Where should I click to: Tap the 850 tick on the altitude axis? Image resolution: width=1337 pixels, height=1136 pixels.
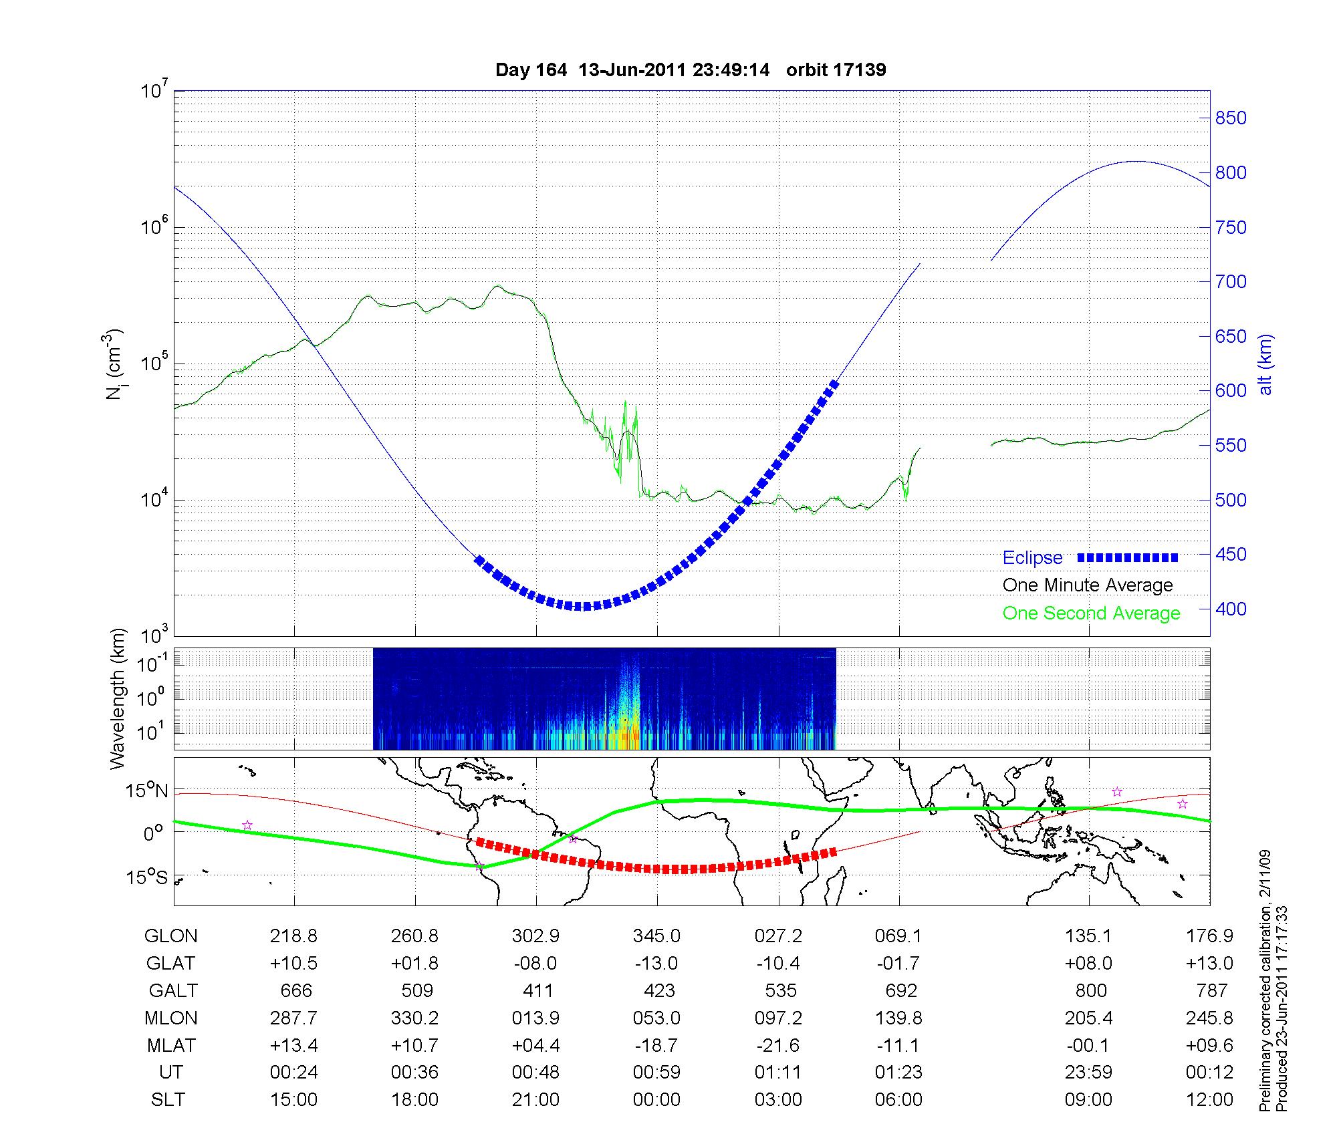(1231, 118)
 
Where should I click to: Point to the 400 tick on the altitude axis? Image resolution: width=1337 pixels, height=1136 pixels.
(1231, 609)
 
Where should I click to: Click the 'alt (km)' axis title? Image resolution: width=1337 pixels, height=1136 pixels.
(1265, 365)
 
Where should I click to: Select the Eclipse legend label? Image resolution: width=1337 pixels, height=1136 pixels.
(1032, 558)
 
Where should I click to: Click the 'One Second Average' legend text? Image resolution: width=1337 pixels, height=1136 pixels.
(1091, 613)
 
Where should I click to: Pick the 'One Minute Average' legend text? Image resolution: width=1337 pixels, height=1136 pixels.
(1088, 585)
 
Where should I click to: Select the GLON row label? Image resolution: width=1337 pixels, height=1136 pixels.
(170, 936)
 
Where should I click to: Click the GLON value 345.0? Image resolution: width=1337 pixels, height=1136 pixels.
(656, 936)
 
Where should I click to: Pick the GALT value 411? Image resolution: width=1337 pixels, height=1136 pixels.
(537, 990)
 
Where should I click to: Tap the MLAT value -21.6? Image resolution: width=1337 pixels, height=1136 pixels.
(778, 1045)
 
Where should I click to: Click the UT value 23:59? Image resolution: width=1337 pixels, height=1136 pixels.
(1088, 1073)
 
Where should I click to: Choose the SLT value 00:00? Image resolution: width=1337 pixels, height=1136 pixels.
(656, 1100)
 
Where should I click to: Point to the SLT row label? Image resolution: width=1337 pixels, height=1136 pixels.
(168, 1100)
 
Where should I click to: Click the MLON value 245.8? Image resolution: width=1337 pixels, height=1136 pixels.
(1210, 1018)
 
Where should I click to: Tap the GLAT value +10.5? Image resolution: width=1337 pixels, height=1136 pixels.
(293, 964)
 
